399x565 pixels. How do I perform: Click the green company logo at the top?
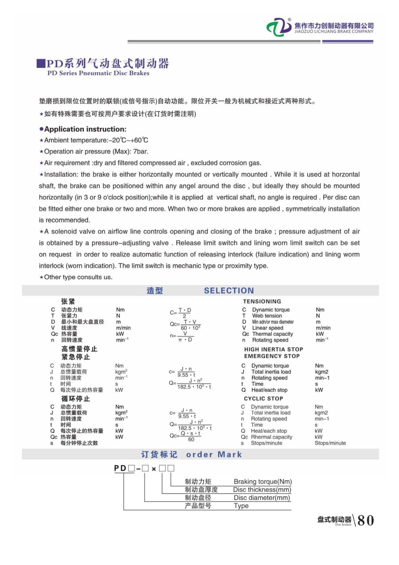279,28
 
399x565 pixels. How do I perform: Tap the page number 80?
365,520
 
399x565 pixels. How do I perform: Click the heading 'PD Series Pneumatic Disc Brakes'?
98,73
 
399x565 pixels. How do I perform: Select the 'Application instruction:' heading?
85,129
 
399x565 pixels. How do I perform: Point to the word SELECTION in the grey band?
229,291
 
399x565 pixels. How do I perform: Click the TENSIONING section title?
262,301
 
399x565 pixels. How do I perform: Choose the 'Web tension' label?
267,316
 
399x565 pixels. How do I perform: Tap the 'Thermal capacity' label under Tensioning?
272,334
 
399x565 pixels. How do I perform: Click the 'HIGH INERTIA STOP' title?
274,349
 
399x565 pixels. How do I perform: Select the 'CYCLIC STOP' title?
263,399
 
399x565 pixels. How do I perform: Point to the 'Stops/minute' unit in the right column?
330,443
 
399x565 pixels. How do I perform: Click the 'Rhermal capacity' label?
271,437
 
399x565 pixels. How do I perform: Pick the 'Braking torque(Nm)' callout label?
262,482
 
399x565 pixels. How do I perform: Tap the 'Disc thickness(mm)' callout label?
262,490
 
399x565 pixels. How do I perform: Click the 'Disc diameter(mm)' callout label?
262,498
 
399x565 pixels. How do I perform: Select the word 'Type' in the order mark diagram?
241,506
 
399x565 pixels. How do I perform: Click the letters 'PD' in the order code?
120,468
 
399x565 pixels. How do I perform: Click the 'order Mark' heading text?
214,454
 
